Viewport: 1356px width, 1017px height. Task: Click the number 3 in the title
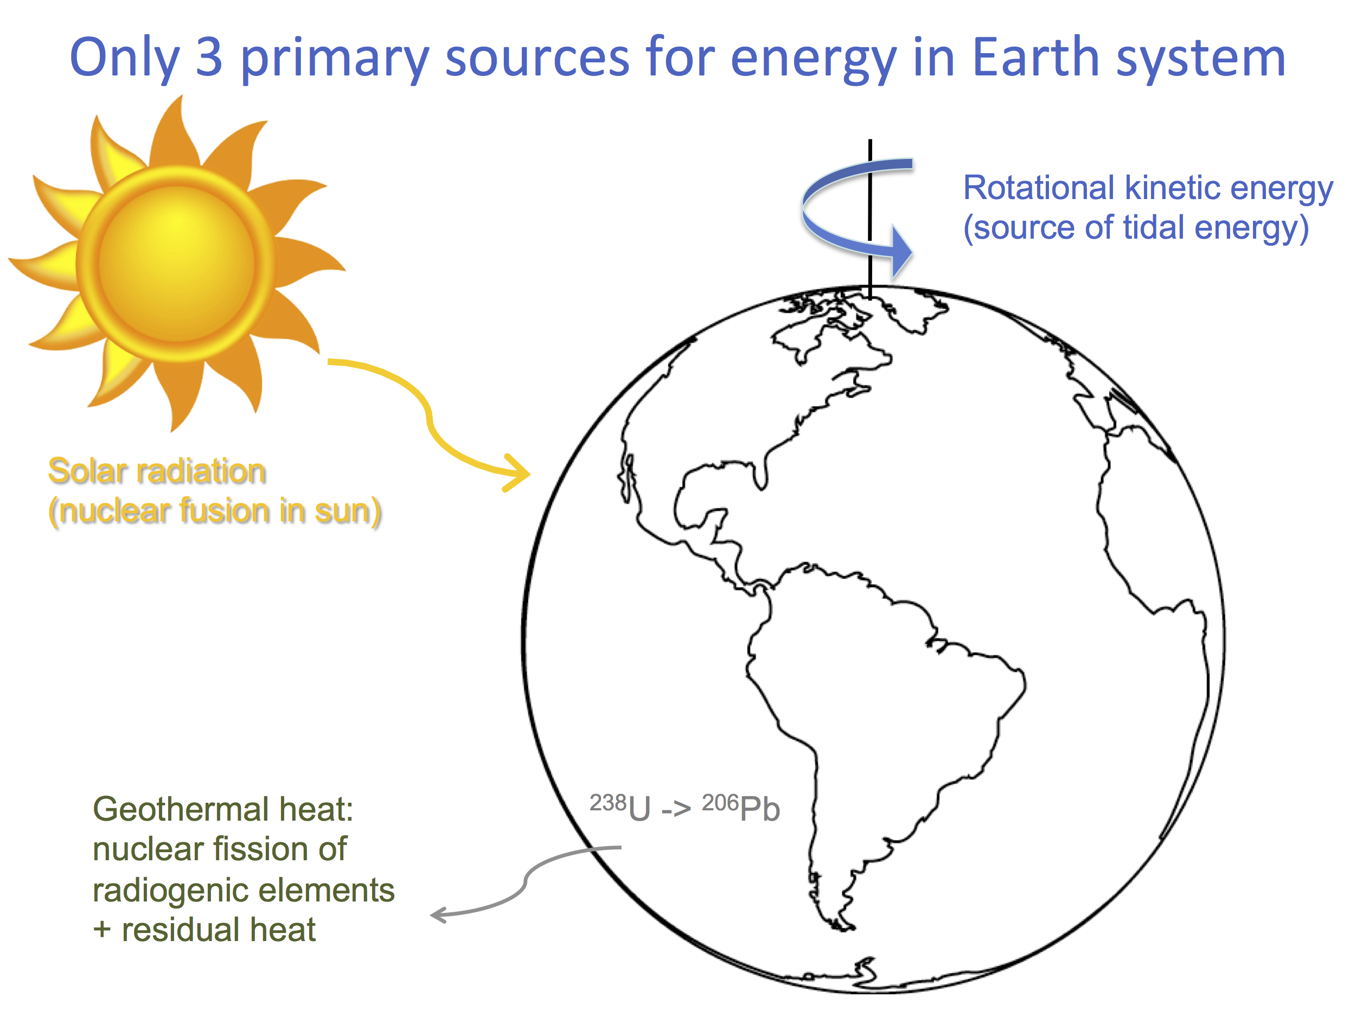click(x=209, y=57)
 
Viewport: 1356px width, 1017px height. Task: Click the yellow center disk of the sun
click(x=176, y=263)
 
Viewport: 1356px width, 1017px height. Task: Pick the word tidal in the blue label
click(x=1153, y=227)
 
